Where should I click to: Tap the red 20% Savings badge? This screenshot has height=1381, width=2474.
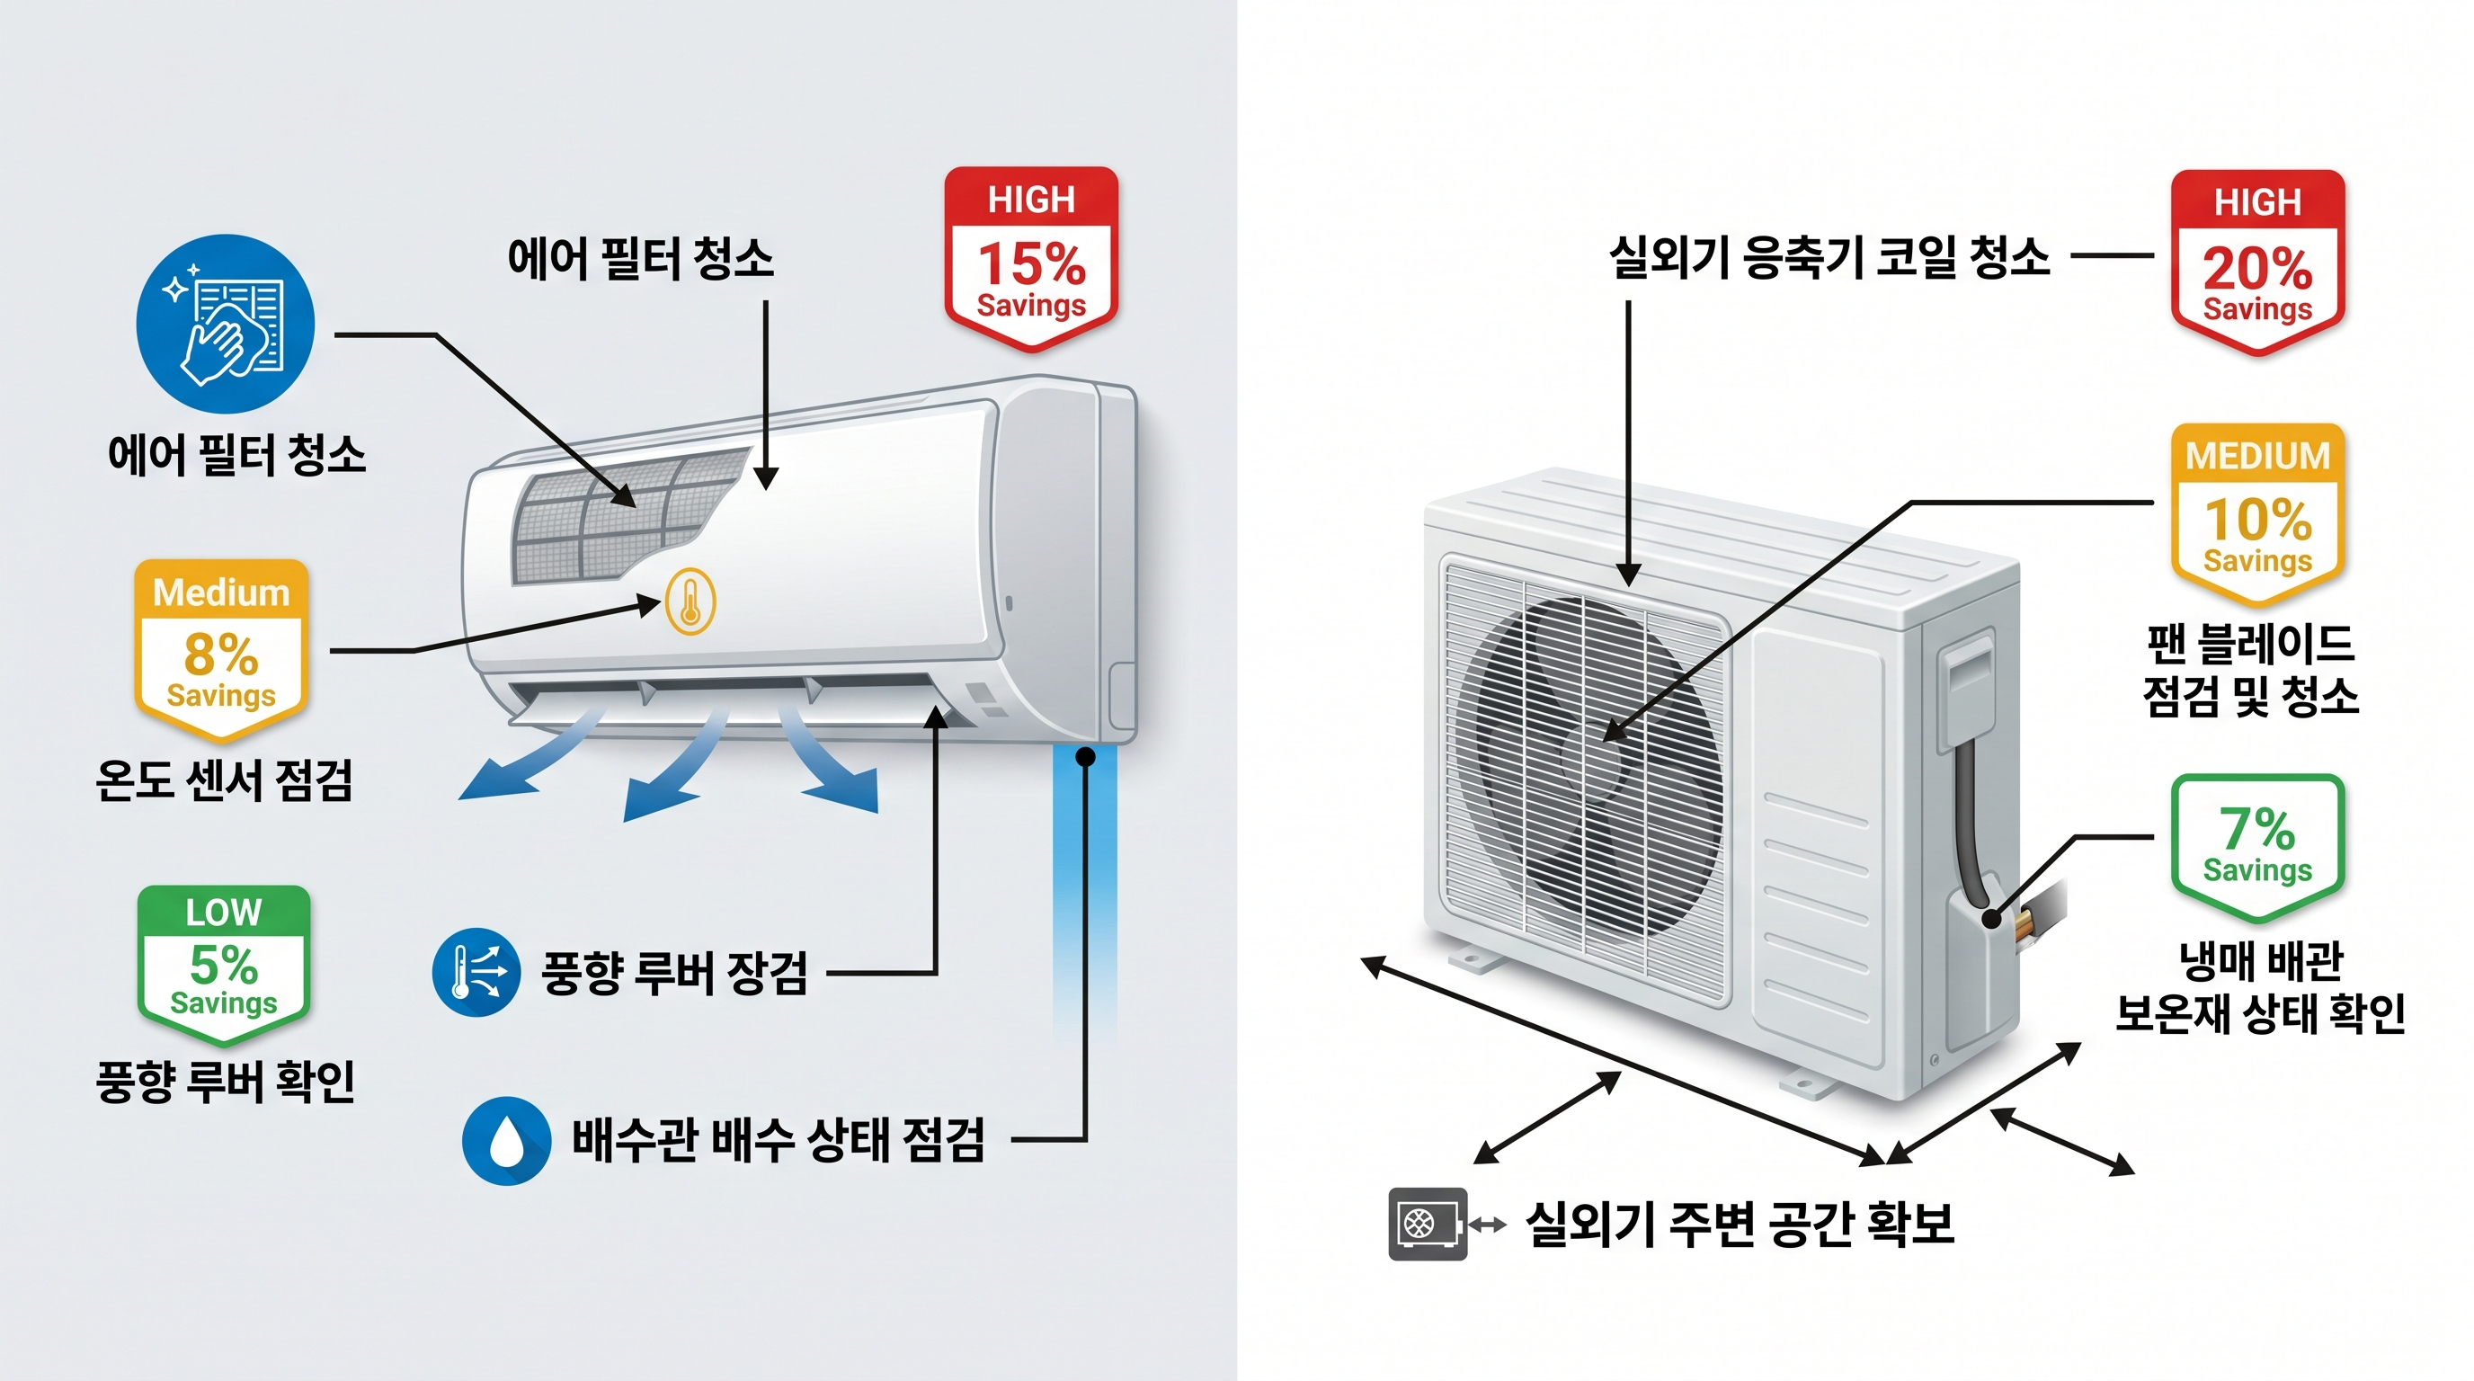[x=2257, y=263]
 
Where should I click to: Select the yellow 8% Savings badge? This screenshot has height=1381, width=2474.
[x=221, y=650]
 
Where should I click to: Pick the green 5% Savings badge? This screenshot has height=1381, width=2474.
[x=223, y=963]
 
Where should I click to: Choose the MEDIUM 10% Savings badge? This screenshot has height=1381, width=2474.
[x=2257, y=512]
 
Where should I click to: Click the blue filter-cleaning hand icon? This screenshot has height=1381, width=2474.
[x=226, y=325]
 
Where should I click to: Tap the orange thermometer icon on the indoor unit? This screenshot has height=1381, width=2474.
[x=690, y=602]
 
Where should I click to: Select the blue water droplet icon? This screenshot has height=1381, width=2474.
[x=506, y=1141]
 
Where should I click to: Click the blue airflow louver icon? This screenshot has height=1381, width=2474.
[x=476, y=972]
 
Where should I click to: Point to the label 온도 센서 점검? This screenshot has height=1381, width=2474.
[x=224, y=780]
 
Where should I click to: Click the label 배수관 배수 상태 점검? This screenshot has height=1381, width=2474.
[x=778, y=1141]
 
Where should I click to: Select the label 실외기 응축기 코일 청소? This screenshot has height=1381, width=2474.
[x=1829, y=257]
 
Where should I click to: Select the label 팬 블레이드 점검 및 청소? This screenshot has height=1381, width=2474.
[x=2250, y=671]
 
